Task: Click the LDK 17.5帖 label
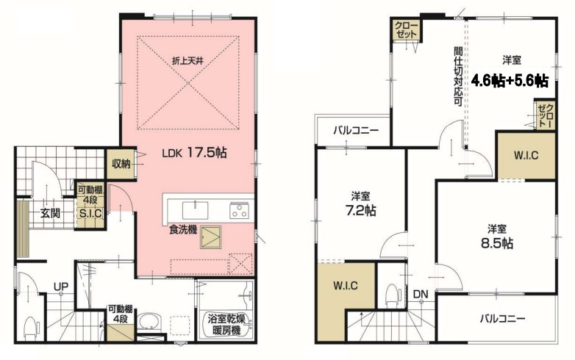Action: click(x=194, y=152)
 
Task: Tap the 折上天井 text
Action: click(x=187, y=61)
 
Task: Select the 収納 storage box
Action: click(x=121, y=164)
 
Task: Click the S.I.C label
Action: click(x=90, y=214)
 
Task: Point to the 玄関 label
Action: click(x=50, y=213)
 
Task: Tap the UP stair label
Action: click(x=61, y=287)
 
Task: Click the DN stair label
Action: click(x=421, y=294)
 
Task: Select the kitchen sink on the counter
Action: click(x=195, y=210)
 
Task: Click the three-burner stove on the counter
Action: click(x=239, y=211)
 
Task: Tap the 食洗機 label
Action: click(x=183, y=230)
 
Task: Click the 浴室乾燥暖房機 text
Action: click(x=226, y=325)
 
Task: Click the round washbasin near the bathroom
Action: click(x=149, y=322)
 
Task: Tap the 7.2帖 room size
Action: click(x=361, y=211)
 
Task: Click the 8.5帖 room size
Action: click(x=497, y=243)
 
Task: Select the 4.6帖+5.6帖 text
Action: click(x=510, y=80)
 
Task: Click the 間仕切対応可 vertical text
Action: click(x=458, y=76)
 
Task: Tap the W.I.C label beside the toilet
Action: click(x=346, y=285)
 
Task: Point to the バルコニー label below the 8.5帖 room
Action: click(x=503, y=319)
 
